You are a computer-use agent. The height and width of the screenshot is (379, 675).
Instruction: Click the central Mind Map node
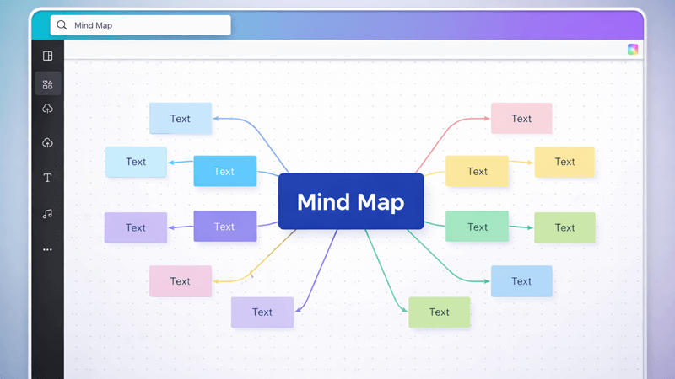click(351, 201)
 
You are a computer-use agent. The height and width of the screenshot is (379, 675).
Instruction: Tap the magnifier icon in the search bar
click(62, 25)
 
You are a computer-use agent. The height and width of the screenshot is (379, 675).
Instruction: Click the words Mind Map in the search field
click(93, 25)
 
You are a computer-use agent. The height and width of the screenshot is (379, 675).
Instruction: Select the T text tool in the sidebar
click(47, 178)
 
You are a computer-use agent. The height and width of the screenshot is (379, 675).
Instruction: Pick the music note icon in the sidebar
click(47, 214)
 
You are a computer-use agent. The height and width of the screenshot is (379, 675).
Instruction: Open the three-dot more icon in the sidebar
click(47, 249)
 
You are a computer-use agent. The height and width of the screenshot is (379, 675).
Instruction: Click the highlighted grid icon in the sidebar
click(47, 84)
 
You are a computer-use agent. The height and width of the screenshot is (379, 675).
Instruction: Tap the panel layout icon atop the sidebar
click(47, 56)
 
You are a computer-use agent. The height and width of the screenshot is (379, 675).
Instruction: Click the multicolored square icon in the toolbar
click(633, 50)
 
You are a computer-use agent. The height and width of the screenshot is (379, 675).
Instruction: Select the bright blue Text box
click(224, 171)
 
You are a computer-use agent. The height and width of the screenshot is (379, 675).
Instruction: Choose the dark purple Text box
click(224, 227)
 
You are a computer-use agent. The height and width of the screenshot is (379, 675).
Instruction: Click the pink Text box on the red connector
click(521, 119)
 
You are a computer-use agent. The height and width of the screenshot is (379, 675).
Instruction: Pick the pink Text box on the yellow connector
click(181, 281)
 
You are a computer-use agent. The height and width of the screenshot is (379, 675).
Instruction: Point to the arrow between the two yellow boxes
click(521, 161)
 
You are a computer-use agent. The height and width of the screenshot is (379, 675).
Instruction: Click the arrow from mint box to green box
click(521, 227)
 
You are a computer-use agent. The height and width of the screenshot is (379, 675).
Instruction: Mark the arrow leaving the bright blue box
click(181, 162)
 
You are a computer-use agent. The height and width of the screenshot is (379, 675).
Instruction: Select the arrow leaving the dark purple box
click(181, 227)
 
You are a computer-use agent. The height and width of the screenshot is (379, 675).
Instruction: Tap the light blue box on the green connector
click(521, 281)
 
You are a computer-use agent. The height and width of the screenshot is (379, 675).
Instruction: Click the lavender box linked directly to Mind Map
click(262, 312)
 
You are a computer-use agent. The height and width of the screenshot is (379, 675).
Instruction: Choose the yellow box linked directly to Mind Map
click(477, 171)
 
